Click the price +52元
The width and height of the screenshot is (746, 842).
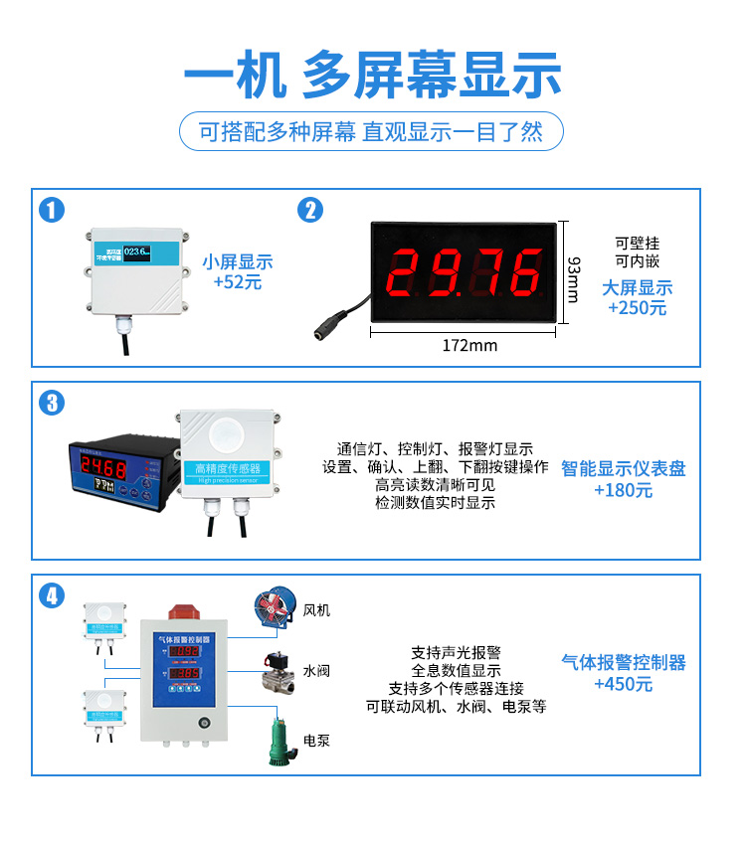238,282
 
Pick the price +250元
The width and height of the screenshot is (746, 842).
638,308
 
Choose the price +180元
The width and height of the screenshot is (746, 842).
624,489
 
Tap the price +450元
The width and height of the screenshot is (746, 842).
624,683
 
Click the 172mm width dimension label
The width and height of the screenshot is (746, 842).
469,346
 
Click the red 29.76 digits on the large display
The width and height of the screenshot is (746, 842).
464,272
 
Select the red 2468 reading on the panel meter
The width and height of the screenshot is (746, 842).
103,466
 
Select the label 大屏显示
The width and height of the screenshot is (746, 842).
638,288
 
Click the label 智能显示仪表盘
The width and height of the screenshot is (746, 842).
624,468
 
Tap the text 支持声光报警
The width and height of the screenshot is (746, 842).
456,653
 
